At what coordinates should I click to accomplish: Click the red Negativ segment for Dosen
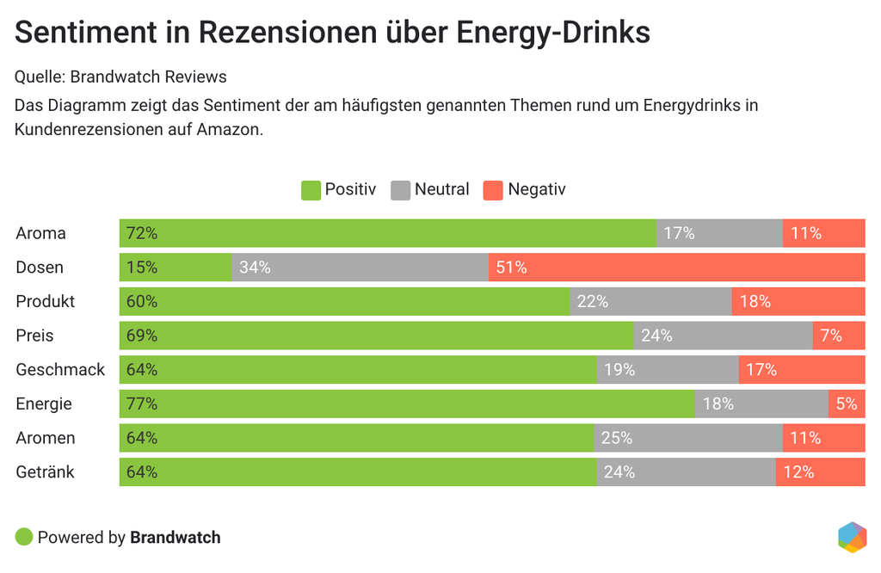click(676, 268)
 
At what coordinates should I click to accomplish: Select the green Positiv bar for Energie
click(407, 404)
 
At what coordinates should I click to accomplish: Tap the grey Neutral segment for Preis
click(723, 336)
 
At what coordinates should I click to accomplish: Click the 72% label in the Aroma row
click(142, 233)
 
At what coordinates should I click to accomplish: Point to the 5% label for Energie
click(847, 404)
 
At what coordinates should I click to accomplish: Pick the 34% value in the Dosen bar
click(255, 268)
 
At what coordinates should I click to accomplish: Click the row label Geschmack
click(60, 370)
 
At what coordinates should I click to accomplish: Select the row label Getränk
click(45, 472)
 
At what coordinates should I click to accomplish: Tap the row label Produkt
click(45, 302)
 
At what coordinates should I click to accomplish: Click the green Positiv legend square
click(311, 190)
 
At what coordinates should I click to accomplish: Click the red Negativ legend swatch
click(492, 190)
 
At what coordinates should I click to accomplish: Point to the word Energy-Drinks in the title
click(553, 33)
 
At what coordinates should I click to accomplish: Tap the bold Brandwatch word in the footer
click(176, 538)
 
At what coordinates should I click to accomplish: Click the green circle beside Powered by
click(24, 538)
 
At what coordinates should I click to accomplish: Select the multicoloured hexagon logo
click(852, 536)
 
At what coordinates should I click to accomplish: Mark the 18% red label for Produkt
click(755, 302)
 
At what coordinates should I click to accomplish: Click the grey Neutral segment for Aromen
click(687, 438)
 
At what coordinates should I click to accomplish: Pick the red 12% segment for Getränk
click(820, 472)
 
